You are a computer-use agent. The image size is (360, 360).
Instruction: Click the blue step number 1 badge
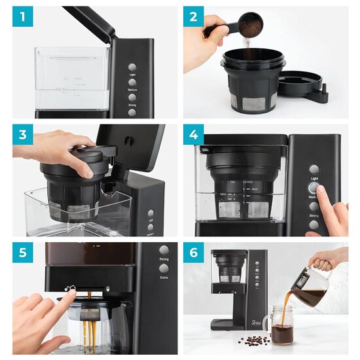(23, 17)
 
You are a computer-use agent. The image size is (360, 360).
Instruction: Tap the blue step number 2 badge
(194, 17)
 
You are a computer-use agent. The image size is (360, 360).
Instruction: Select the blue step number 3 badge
(23, 135)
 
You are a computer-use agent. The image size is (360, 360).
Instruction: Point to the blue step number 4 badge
(194, 135)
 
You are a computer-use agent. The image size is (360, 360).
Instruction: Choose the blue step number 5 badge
(23, 254)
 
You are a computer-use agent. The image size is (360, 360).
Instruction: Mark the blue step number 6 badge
(194, 254)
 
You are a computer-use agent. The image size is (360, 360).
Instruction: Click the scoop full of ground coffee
(249, 26)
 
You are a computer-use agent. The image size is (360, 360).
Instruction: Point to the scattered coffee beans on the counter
(255, 340)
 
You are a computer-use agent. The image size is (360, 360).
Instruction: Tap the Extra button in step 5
(164, 268)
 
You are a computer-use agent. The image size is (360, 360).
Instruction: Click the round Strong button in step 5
(164, 250)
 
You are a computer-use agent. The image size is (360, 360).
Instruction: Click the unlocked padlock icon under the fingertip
(73, 287)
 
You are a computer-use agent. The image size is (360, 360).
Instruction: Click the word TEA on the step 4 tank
(231, 183)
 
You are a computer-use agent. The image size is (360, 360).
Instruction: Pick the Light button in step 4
(314, 170)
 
